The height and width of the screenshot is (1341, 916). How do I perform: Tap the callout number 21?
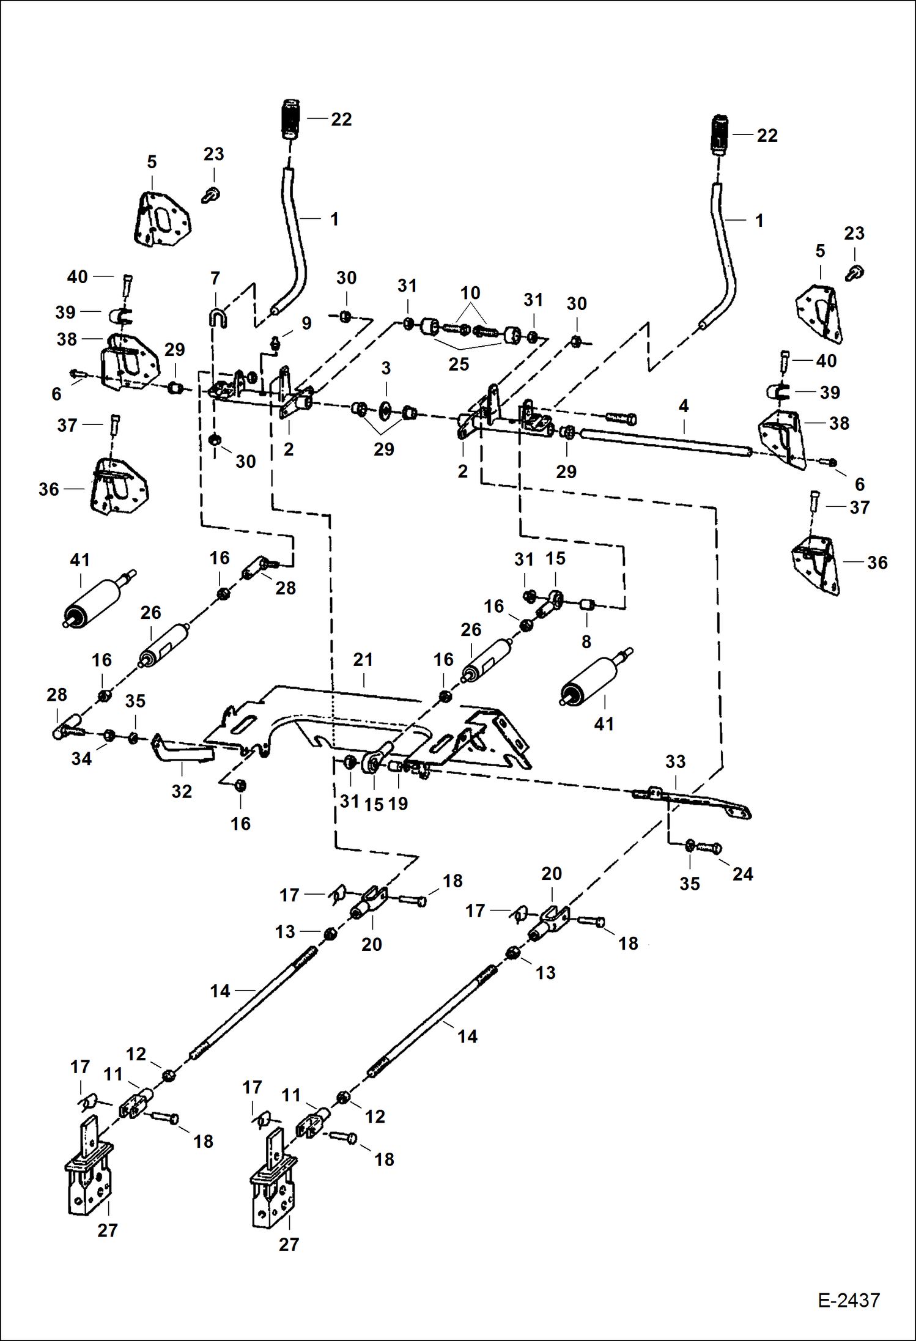click(x=363, y=660)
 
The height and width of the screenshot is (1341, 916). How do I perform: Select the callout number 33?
click(x=675, y=762)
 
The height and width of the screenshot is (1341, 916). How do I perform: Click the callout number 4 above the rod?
click(x=684, y=406)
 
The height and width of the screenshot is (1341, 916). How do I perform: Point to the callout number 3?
click(x=386, y=369)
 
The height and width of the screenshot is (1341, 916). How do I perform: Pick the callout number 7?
click(x=215, y=279)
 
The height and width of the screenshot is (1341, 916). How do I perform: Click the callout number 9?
click(x=306, y=323)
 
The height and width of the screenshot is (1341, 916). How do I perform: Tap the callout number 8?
click(x=586, y=642)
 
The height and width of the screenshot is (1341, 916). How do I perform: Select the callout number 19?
click(x=398, y=803)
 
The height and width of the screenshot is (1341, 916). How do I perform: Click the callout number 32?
click(x=182, y=791)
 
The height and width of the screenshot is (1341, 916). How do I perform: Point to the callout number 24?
click(x=742, y=874)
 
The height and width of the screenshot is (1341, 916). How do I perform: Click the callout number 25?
click(x=459, y=364)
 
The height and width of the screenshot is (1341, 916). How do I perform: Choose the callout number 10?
click(x=470, y=293)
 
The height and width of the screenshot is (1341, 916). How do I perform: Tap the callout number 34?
click(x=81, y=759)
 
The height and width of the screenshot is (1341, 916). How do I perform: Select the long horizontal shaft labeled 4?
click(x=667, y=442)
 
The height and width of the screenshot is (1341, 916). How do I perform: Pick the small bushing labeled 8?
click(x=587, y=605)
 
